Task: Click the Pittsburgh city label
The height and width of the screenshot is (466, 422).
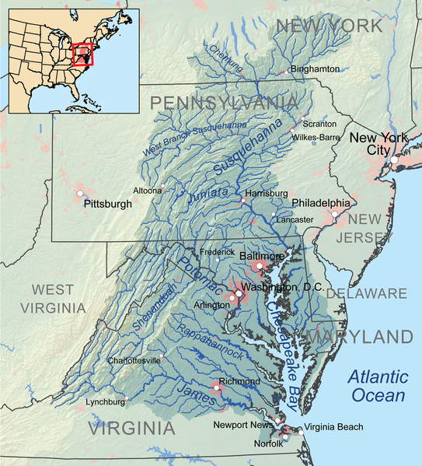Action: [x=107, y=204]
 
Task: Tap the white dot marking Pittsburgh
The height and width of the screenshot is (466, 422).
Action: [x=80, y=191]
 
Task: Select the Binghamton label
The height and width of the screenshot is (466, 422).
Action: [x=315, y=69]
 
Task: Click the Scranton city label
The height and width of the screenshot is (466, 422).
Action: [x=319, y=124]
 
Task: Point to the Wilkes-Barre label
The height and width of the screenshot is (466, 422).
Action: [x=315, y=138]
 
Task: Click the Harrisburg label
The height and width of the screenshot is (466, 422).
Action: [x=266, y=193]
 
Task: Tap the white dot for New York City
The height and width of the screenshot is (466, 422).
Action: [x=395, y=159]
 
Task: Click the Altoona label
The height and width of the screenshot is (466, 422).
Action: [x=146, y=190]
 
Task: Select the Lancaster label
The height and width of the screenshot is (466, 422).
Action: [x=295, y=220]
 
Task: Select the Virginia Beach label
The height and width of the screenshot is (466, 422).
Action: [x=333, y=427]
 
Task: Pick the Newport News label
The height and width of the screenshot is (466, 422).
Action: [x=245, y=425]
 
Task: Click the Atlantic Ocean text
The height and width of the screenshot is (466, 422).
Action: [x=377, y=386]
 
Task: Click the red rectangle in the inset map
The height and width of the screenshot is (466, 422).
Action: [x=82, y=54]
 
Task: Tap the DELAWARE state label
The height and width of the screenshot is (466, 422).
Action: [x=366, y=293]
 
